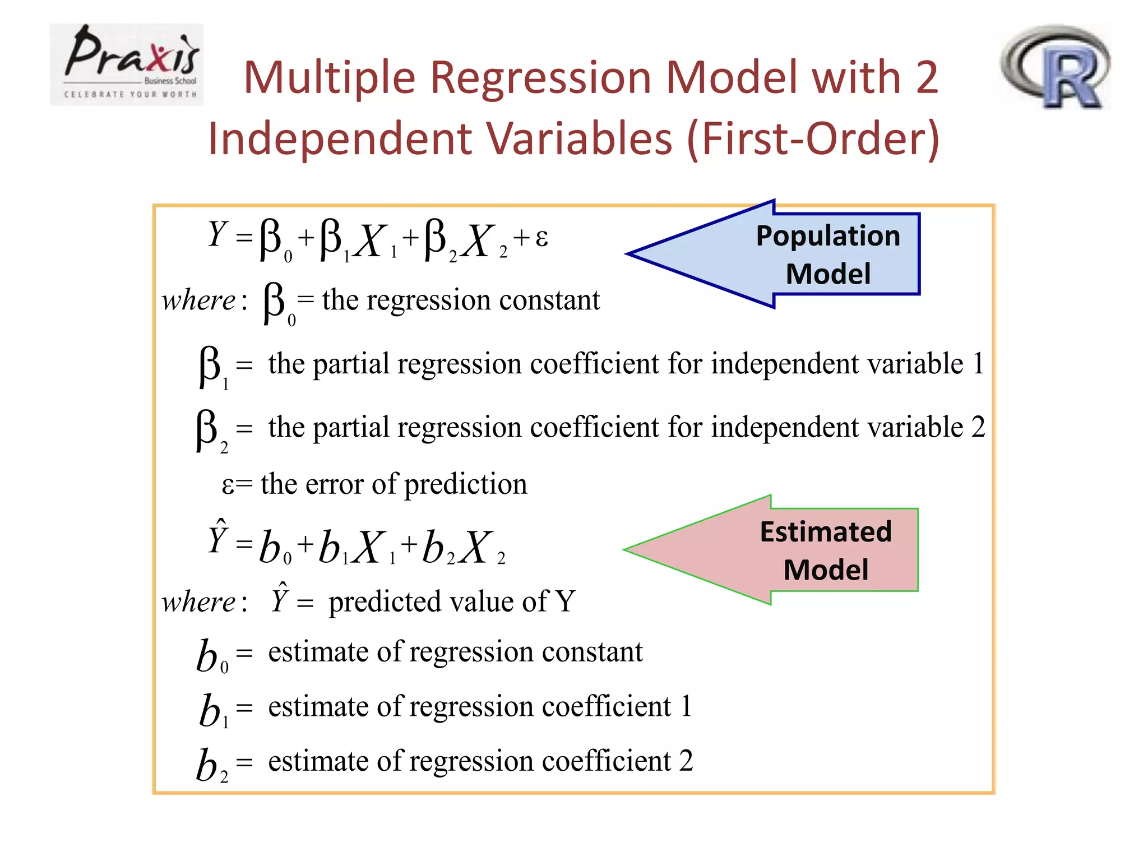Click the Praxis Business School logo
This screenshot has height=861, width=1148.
point(127,64)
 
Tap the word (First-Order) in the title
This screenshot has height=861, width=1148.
point(813,138)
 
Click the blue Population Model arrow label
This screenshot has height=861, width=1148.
point(827,254)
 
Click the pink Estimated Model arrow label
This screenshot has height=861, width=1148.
point(825,550)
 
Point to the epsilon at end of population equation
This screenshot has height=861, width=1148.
point(541,238)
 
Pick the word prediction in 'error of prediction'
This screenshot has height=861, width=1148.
point(466,484)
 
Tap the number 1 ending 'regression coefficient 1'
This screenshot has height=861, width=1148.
point(686,706)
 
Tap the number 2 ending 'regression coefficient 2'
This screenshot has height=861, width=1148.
point(686,761)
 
